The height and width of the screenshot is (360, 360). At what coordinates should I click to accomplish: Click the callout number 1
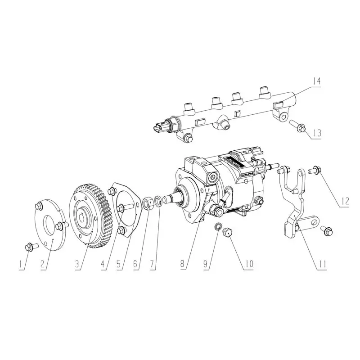(x=21, y=265)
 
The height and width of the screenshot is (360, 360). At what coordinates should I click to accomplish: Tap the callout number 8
(x=182, y=264)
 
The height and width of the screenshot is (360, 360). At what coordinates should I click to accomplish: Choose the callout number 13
(x=317, y=133)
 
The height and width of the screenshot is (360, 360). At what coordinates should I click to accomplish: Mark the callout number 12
(x=344, y=201)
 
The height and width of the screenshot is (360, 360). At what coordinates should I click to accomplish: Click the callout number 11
(x=321, y=265)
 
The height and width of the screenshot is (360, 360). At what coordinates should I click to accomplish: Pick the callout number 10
(x=249, y=264)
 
